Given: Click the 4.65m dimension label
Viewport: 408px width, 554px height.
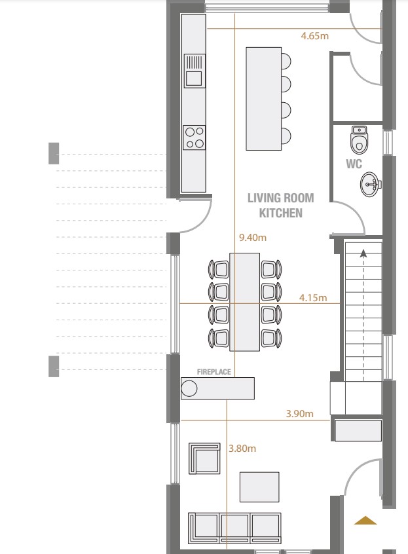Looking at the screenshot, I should [314, 36].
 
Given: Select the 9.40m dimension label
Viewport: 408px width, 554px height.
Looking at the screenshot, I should [253, 238].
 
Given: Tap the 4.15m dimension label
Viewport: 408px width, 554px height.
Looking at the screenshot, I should [313, 298].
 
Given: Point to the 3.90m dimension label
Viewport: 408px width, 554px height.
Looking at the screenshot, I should [299, 414].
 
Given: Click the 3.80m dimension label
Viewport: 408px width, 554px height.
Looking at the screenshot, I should [242, 449].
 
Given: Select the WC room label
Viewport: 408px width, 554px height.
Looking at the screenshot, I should [354, 164].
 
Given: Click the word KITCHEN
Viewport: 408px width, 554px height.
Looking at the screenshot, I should [280, 213].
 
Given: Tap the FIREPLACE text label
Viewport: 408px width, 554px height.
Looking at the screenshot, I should [214, 372].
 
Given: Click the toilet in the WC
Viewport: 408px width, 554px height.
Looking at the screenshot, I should [359, 139].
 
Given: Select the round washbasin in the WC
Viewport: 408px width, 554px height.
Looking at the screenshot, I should [371, 184].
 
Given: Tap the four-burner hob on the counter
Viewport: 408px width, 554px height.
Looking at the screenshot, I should [194, 137].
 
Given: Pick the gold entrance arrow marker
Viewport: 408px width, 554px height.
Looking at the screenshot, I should [365, 521].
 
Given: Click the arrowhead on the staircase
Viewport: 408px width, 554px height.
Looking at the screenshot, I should [362, 253].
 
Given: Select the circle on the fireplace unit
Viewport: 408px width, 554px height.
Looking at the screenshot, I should [189, 389].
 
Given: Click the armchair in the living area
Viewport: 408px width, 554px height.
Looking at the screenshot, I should [204, 458].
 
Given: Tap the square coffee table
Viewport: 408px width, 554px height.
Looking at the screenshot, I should [259, 487].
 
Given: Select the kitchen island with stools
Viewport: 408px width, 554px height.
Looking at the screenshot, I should [264, 98].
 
